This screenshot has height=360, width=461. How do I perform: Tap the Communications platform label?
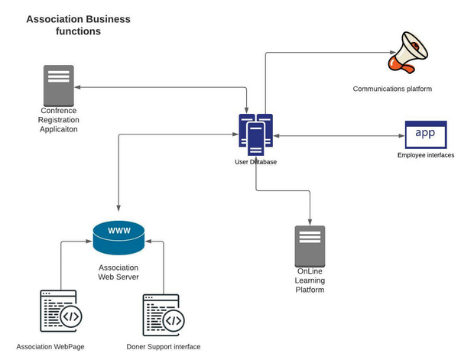[x=392, y=89]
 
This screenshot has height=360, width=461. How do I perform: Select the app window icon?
[x=425, y=135]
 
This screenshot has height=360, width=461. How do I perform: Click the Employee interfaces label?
[x=426, y=155]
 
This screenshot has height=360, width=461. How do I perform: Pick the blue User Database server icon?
[x=255, y=135]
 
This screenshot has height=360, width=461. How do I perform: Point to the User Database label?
[x=255, y=162]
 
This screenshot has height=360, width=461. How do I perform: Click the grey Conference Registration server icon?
[x=59, y=85]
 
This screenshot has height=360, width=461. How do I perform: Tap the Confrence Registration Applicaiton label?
[x=59, y=120]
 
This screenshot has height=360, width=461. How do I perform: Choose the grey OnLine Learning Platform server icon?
[x=310, y=245]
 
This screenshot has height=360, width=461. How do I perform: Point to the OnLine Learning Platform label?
[x=310, y=281]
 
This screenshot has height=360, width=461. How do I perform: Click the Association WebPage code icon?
[x=59, y=313]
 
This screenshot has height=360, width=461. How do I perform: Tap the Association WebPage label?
[x=50, y=347]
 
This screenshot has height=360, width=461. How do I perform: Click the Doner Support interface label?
[x=164, y=347]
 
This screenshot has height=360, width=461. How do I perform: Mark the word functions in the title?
[x=78, y=32]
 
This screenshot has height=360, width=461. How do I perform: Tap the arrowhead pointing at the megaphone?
[x=385, y=53]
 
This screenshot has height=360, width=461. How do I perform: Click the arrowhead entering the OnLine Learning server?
[x=310, y=222]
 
